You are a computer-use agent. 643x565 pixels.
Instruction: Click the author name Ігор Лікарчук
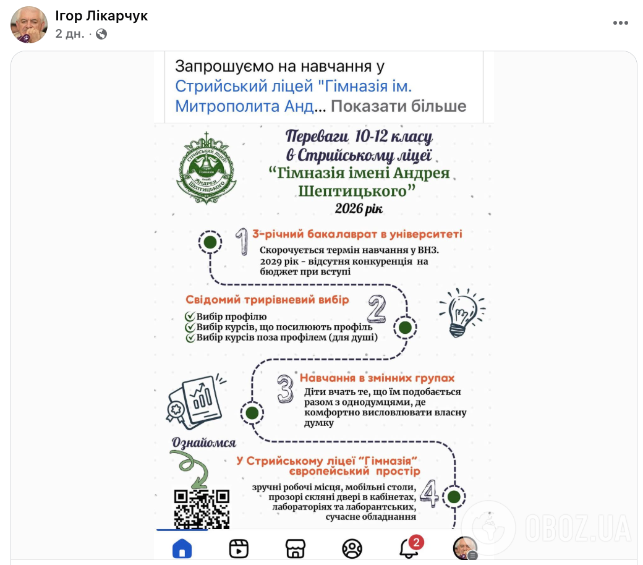point(101,15)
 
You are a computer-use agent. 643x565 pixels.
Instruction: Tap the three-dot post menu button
point(620,23)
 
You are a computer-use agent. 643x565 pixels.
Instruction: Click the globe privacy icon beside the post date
point(101,34)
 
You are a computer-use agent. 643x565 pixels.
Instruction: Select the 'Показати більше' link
point(398,106)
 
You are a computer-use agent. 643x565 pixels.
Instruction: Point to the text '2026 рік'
point(359,209)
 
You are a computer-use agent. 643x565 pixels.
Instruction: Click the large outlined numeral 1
point(242,242)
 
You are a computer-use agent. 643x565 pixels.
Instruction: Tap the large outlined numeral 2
point(376,310)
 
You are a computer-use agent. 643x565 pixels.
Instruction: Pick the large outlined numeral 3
point(285,388)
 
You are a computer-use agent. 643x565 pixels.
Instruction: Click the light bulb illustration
point(461,312)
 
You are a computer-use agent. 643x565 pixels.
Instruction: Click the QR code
point(202,509)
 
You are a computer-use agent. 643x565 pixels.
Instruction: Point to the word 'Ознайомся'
point(205,443)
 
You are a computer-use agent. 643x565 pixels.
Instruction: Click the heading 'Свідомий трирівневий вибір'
point(268,300)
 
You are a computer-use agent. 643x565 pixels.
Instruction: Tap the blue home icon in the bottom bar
point(182,548)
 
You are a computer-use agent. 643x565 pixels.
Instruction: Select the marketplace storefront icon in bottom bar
point(296,548)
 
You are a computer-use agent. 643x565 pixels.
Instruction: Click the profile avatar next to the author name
point(29,25)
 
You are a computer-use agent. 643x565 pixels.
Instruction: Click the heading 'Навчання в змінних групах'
point(377,378)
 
